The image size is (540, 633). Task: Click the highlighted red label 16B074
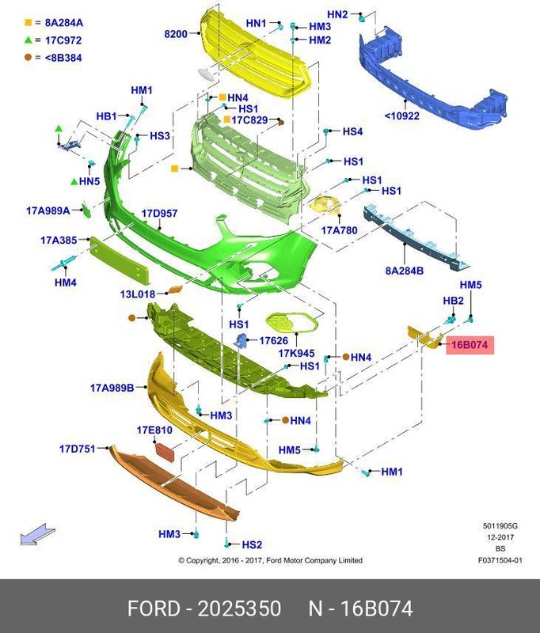(x=470, y=345)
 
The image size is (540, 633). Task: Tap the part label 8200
(x=176, y=34)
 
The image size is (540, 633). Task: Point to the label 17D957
(x=159, y=214)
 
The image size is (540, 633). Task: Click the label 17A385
(x=59, y=240)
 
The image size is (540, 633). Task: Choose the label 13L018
(x=138, y=294)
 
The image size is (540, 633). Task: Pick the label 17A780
(x=339, y=230)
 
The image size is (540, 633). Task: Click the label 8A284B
(x=405, y=271)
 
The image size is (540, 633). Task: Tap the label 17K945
(x=297, y=353)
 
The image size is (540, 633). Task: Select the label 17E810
(x=154, y=430)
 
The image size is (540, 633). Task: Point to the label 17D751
(x=77, y=449)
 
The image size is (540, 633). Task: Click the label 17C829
(x=250, y=120)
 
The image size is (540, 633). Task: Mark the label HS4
(x=352, y=131)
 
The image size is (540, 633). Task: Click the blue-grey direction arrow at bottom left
(x=37, y=536)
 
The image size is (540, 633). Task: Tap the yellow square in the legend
(x=28, y=23)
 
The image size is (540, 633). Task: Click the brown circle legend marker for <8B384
(x=28, y=57)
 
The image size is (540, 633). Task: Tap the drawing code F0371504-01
(x=500, y=560)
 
